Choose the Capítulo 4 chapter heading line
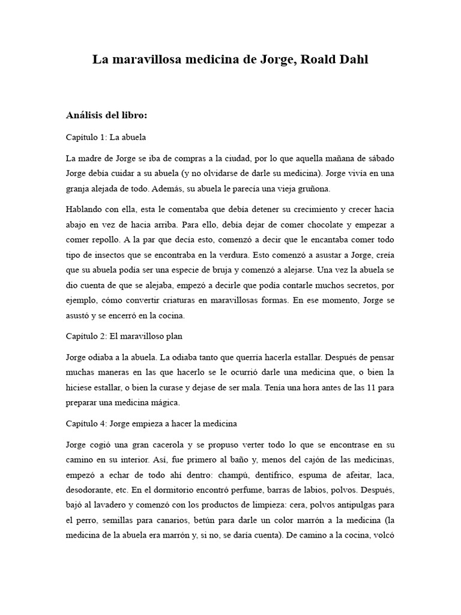tap(151, 423)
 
